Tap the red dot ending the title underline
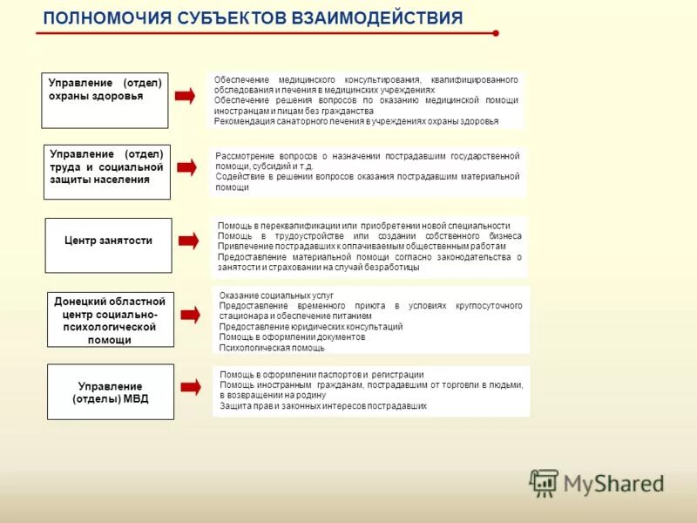495,33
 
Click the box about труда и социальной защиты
106,172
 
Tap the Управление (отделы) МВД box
110,391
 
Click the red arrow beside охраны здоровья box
185,96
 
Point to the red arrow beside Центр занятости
187,240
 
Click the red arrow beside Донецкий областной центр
188,314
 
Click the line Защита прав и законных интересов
322,406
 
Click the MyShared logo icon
544,483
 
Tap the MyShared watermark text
613,483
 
